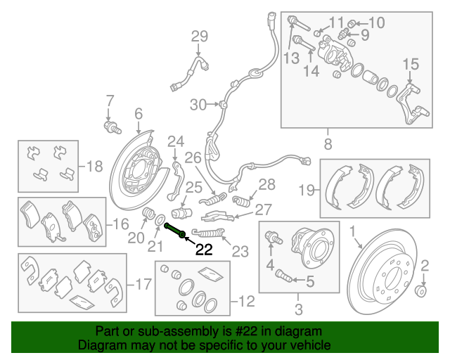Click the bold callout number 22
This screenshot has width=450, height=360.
tap(204, 249)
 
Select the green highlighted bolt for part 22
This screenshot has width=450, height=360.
tap(175, 230)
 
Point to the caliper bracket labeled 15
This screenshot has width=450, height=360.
tap(412, 101)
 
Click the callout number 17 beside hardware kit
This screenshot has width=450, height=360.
tap(143, 285)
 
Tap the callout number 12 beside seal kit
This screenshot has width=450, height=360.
tap(245, 302)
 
